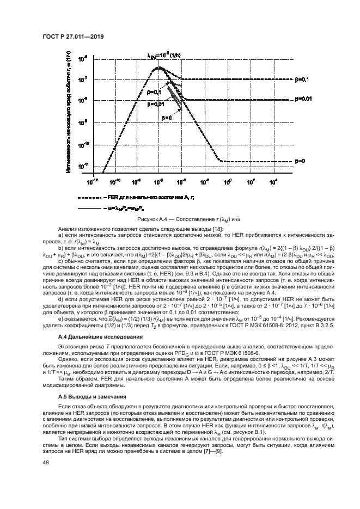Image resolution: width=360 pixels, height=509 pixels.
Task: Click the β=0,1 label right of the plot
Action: click(302, 79)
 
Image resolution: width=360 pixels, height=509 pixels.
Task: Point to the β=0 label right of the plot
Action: click(300, 161)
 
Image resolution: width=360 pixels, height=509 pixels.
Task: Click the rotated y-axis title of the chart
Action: click(69, 114)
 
